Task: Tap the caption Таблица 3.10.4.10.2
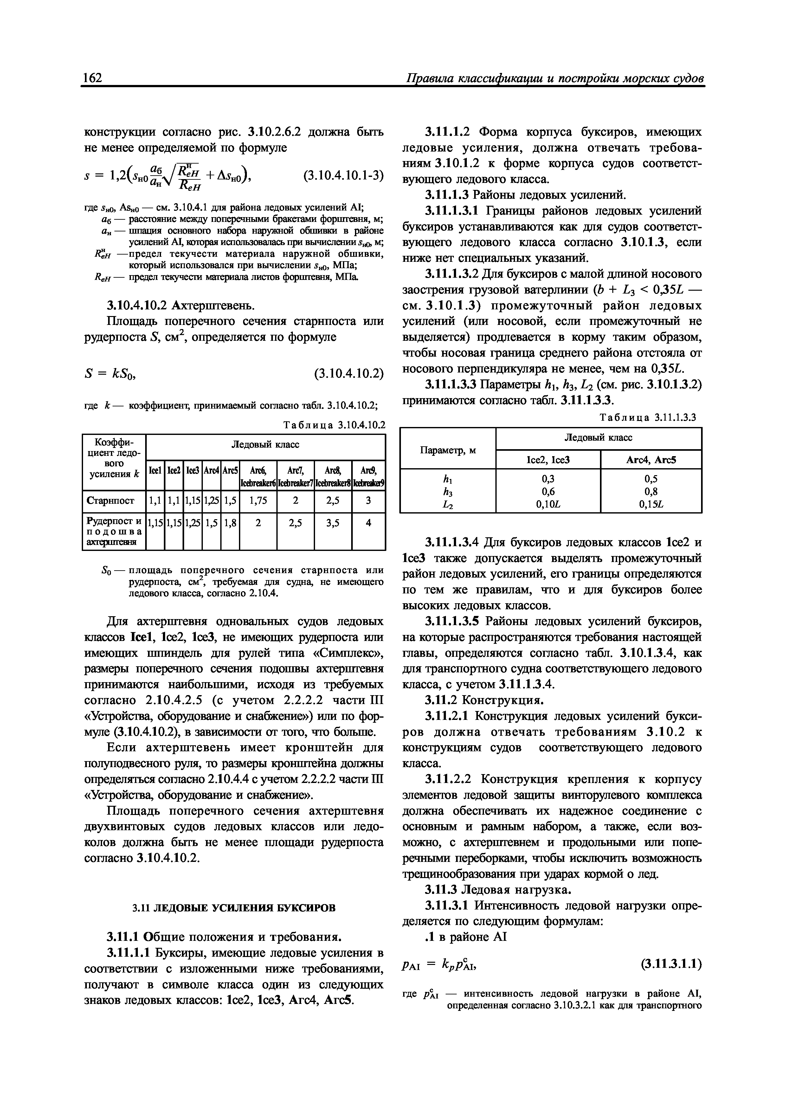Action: click(x=334, y=425)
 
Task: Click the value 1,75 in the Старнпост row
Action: click(x=258, y=501)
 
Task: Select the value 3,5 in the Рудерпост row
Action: click(x=333, y=523)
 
